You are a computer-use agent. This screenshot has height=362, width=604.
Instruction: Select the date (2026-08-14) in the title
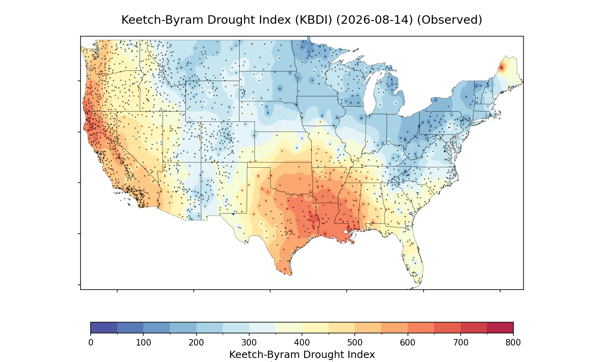coord(374,20)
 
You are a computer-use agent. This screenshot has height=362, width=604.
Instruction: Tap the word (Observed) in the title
coord(449,20)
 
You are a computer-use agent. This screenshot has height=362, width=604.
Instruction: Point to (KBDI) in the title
coord(314,20)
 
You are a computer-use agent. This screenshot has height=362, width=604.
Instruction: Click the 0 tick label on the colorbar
coord(91,343)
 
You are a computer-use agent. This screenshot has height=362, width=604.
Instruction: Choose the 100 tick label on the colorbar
coord(143,343)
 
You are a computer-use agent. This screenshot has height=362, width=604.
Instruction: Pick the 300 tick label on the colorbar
coord(249,343)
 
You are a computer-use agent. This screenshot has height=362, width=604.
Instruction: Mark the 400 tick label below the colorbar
coord(302,343)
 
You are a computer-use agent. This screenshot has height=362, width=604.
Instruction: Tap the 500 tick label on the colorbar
coord(355,343)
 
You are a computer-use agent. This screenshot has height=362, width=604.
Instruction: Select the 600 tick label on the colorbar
coord(407,343)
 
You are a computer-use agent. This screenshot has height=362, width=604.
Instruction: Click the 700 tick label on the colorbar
coord(461,343)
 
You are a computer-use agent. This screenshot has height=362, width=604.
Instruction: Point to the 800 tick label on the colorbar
coord(513,343)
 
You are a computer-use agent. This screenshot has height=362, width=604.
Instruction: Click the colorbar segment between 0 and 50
coord(104,327)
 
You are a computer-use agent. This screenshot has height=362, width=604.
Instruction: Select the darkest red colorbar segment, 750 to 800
coord(500,327)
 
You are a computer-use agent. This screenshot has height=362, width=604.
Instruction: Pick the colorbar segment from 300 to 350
coord(263,327)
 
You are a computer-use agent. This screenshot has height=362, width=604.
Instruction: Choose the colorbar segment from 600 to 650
coord(421,327)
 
